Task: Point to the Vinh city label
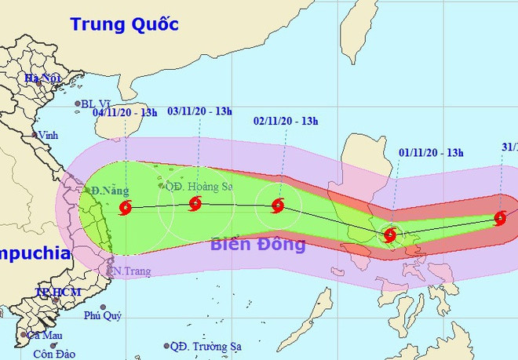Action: coord(49,134)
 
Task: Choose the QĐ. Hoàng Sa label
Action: coord(197,186)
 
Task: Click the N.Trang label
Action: coord(127,271)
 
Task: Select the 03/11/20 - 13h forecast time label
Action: coord(200,111)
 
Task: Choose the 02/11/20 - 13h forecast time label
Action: coord(286,121)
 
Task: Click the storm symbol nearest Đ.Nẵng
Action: coord(126,208)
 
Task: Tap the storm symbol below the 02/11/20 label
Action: coord(277,206)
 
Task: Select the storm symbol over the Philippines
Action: coord(390,235)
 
